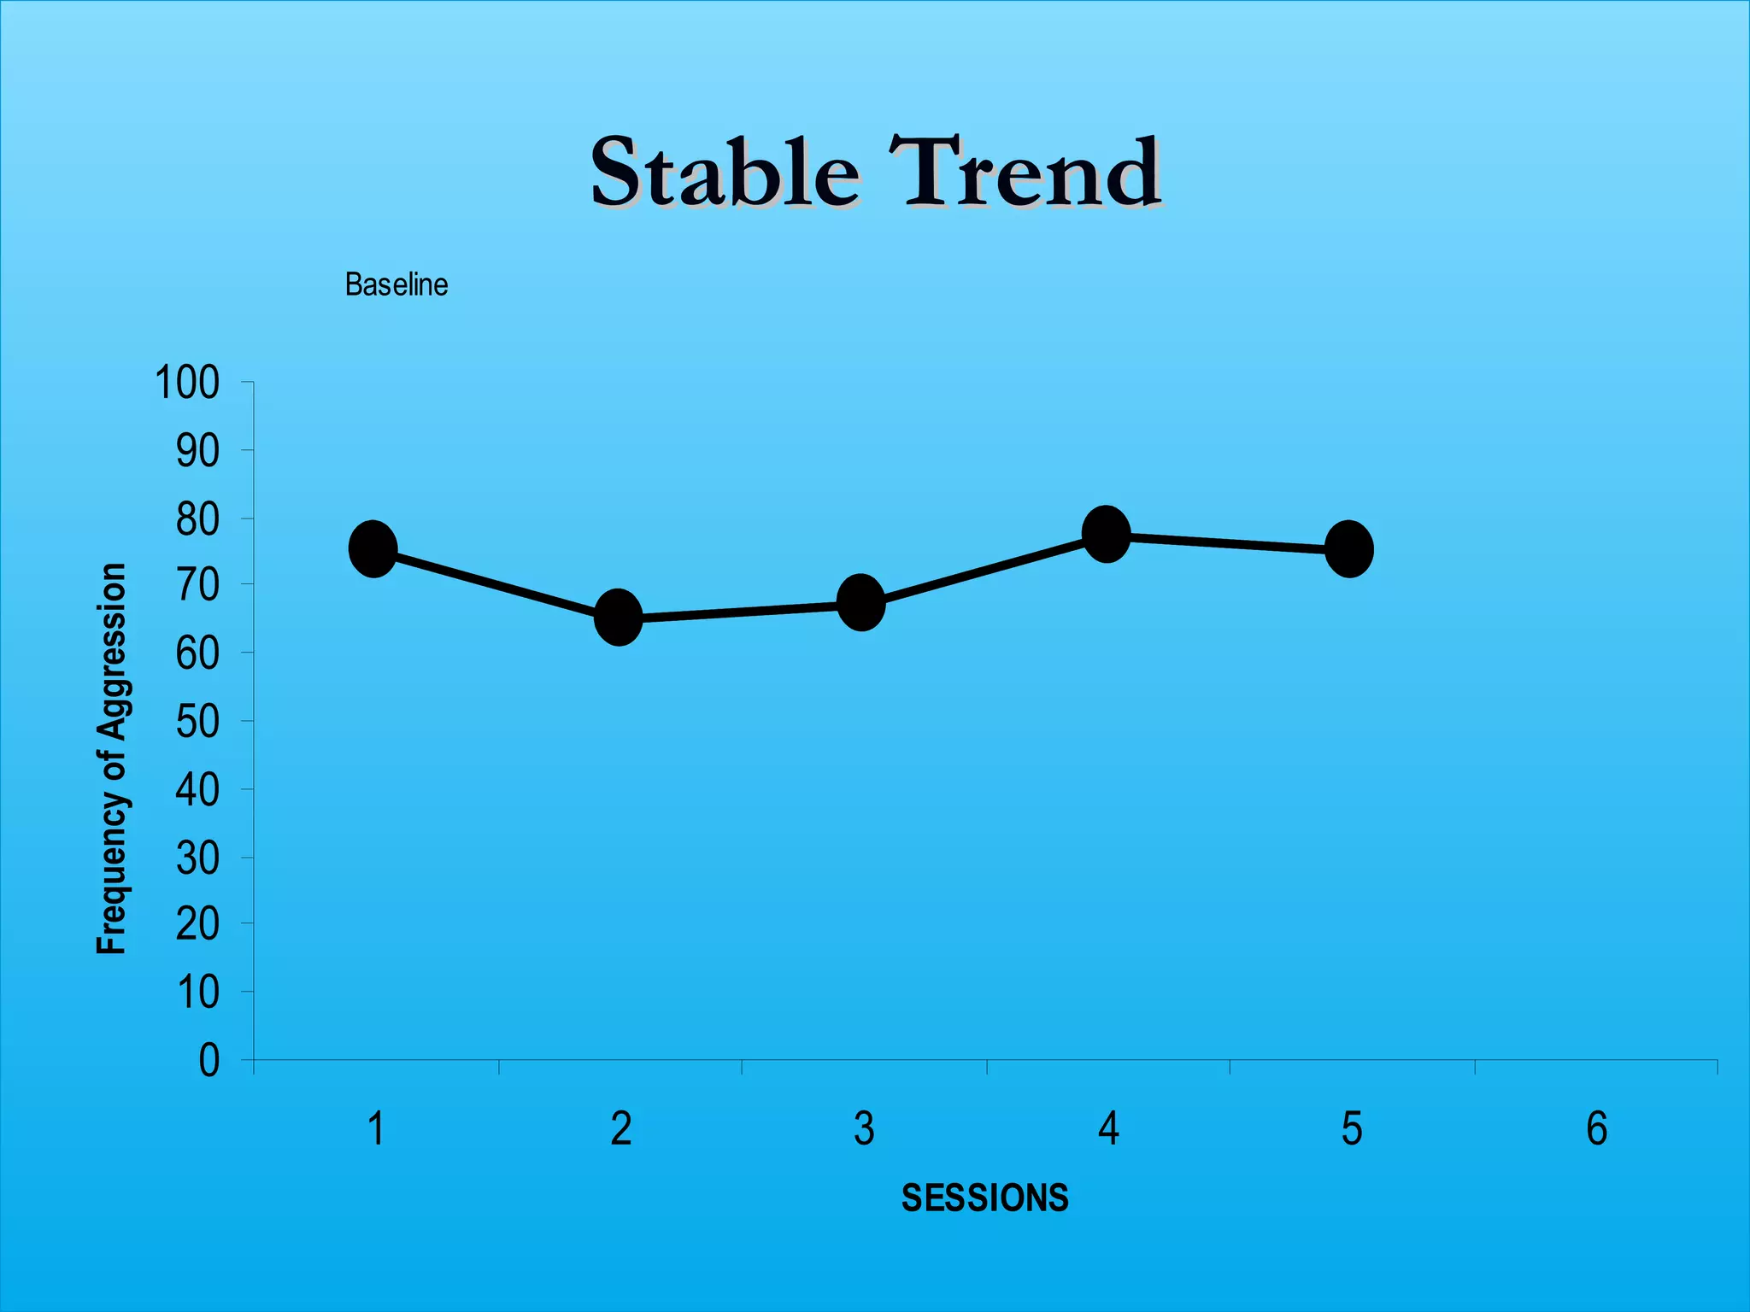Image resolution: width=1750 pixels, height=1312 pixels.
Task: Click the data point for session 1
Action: pyautogui.click(x=373, y=548)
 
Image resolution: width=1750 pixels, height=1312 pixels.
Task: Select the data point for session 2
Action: pyautogui.click(x=618, y=617)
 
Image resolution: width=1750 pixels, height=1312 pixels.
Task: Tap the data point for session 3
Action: pyautogui.click(x=861, y=602)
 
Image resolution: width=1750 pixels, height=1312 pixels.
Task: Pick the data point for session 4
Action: pyautogui.click(x=1107, y=534)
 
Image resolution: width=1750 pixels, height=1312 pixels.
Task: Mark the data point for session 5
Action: pyautogui.click(x=1349, y=548)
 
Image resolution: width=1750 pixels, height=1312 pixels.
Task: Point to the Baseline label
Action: pyautogui.click(x=396, y=284)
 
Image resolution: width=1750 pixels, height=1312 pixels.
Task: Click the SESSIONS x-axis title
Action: pyautogui.click(x=984, y=1198)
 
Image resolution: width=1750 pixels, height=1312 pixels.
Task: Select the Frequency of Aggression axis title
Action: pyautogui.click(x=112, y=758)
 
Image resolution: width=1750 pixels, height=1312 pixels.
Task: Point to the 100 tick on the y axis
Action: pyautogui.click(x=187, y=383)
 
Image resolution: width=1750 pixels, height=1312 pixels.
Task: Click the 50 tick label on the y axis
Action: pyautogui.click(x=197, y=723)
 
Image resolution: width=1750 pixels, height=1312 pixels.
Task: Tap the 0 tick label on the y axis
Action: pyautogui.click(x=208, y=1061)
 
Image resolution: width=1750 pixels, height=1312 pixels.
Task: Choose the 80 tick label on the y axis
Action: pyautogui.click(x=197, y=519)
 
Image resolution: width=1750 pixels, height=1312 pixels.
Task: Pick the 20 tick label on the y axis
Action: pyautogui.click(x=197, y=924)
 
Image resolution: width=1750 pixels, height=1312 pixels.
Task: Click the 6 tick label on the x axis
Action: pyautogui.click(x=1596, y=1128)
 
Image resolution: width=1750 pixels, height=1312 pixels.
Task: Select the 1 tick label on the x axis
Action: pyautogui.click(x=375, y=1128)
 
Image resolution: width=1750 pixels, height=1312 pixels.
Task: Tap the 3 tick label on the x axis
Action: pyautogui.click(x=864, y=1128)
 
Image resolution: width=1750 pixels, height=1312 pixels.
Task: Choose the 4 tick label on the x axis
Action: pyautogui.click(x=1108, y=1128)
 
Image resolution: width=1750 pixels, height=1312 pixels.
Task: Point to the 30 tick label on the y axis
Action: pyautogui.click(x=197, y=858)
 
